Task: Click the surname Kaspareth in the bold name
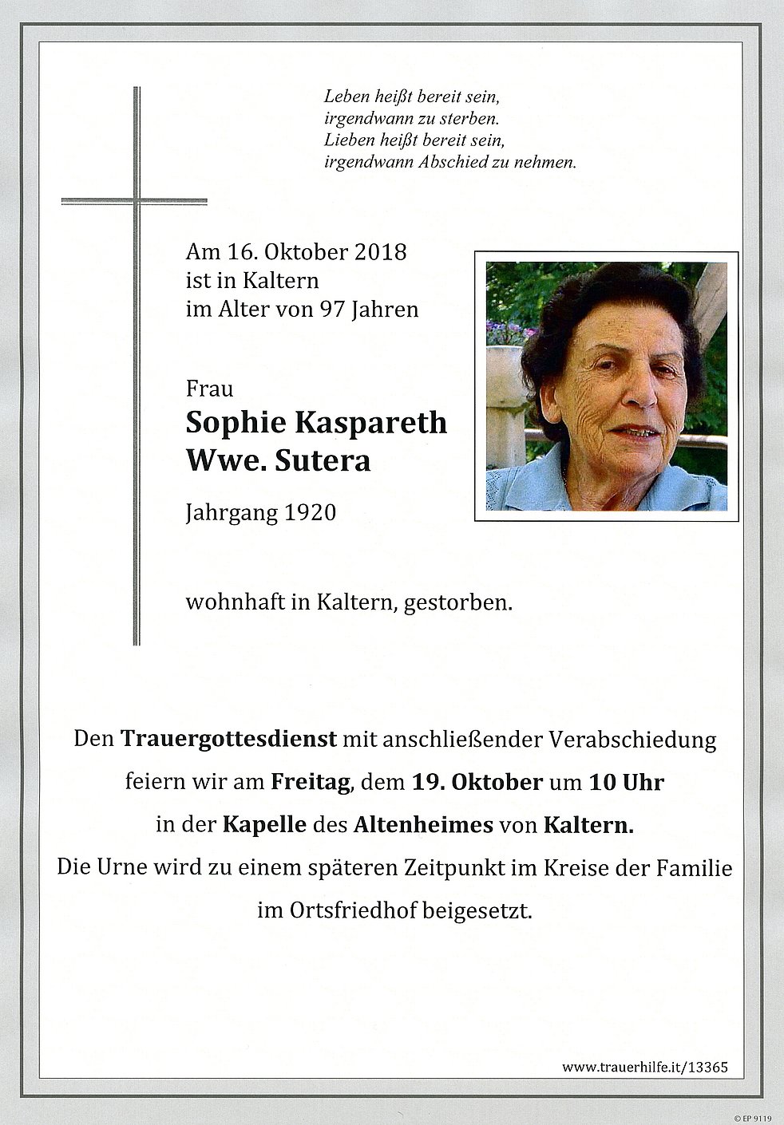pos(371,423)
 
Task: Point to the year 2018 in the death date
pos(376,253)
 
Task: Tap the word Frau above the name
pos(209,389)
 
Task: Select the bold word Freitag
pos(312,783)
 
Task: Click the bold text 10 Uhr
pos(625,783)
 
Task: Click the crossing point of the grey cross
pos(137,199)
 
